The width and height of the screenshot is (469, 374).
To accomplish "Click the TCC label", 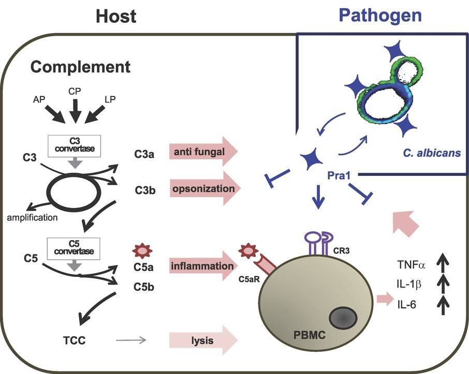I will (71, 340).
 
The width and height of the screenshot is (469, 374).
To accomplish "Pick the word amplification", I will (33, 217).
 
